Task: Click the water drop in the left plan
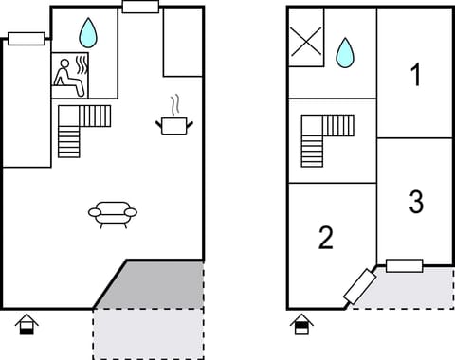pyautogui.click(x=88, y=33)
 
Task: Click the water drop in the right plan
pyautogui.click(x=345, y=53)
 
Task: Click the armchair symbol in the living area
pyautogui.click(x=113, y=213)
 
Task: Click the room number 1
pyautogui.click(x=415, y=76)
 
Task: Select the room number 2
pyautogui.click(x=325, y=238)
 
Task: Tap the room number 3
pyautogui.click(x=415, y=202)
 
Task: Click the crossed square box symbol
pyautogui.click(x=306, y=44)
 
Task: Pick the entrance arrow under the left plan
pyautogui.click(x=27, y=325)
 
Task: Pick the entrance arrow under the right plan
pyautogui.click(x=301, y=325)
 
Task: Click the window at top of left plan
pyautogui.click(x=140, y=8)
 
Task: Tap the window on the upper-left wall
pyautogui.click(x=27, y=39)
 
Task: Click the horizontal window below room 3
pyautogui.click(x=404, y=265)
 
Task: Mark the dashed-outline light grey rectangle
pyautogui.click(x=147, y=333)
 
